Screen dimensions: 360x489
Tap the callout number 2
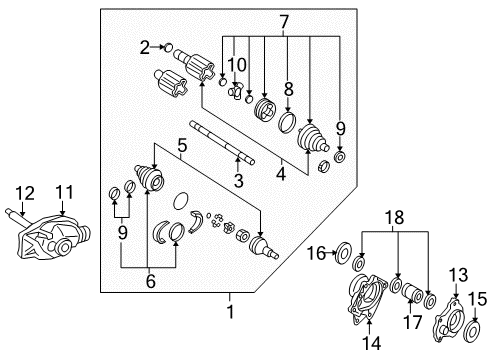[x=145, y=46]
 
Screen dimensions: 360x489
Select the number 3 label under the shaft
[x=237, y=180]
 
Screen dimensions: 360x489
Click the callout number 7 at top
[x=283, y=20]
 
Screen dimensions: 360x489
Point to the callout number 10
[x=236, y=66]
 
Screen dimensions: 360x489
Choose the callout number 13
[x=458, y=274]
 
